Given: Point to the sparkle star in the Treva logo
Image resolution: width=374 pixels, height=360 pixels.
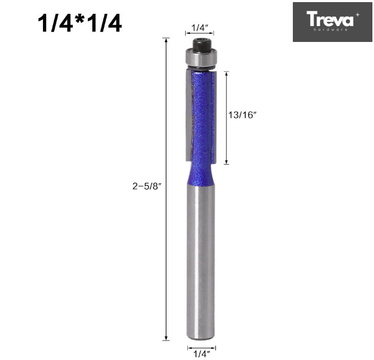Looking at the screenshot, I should click(x=357, y=14).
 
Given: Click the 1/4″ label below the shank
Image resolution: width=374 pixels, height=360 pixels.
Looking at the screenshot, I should click(x=202, y=353).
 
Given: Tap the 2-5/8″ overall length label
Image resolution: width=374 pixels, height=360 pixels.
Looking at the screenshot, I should click(x=146, y=186).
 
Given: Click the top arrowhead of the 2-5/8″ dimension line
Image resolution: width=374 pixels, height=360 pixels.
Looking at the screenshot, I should click(x=167, y=40).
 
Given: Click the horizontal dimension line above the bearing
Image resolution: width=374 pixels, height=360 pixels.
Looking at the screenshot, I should click(x=199, y=33).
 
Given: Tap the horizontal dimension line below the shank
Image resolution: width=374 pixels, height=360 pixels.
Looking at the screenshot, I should click(x=201, y=347).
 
